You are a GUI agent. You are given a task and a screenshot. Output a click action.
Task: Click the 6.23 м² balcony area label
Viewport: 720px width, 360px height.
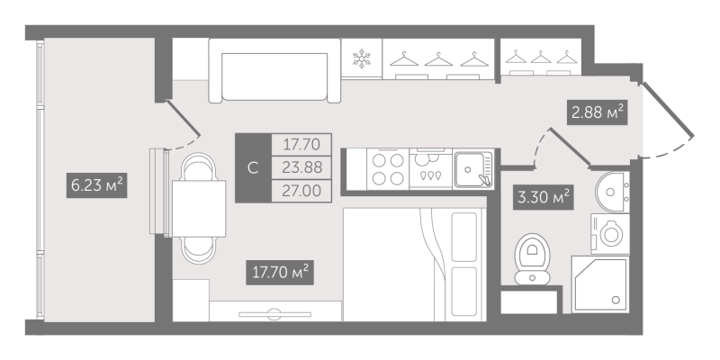(96, 185)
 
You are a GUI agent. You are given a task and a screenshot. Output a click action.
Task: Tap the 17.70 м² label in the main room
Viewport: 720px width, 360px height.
(280, 272)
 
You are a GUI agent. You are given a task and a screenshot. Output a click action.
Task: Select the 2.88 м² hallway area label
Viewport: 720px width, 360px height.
(598, 112)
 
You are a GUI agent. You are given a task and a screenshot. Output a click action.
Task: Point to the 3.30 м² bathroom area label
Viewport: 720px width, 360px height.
(544, 197)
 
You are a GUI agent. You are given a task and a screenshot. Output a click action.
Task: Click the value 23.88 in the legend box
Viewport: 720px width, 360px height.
(301, 167)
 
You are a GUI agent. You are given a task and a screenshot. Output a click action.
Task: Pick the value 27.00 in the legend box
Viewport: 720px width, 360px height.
(301, 190)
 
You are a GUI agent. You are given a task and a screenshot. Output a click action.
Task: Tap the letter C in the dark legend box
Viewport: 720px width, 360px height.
(253, 168)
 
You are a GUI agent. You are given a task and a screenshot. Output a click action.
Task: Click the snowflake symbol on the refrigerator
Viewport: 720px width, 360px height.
(362, 59)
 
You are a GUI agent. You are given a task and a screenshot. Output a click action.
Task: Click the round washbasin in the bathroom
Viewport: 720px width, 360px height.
(611, 192)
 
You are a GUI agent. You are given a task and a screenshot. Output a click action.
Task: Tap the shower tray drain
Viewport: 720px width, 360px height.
(616, 300)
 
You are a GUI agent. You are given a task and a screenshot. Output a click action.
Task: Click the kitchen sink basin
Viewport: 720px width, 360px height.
(469, 169)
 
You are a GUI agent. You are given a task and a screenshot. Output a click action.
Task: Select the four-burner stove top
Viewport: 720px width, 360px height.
(388, 169)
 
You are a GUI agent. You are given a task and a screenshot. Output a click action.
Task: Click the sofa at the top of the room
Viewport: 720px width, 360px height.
(274, 70)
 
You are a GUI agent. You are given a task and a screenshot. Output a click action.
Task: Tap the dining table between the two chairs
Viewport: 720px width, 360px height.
(199, 209)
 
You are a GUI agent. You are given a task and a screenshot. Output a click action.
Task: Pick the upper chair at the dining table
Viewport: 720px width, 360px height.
(199, 166)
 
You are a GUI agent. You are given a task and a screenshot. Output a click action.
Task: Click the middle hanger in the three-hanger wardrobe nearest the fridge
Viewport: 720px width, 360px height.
(438, 59)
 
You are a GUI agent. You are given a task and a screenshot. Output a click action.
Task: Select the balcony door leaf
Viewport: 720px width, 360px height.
(183, 119)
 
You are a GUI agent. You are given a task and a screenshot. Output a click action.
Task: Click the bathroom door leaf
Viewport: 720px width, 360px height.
(570, 147)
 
